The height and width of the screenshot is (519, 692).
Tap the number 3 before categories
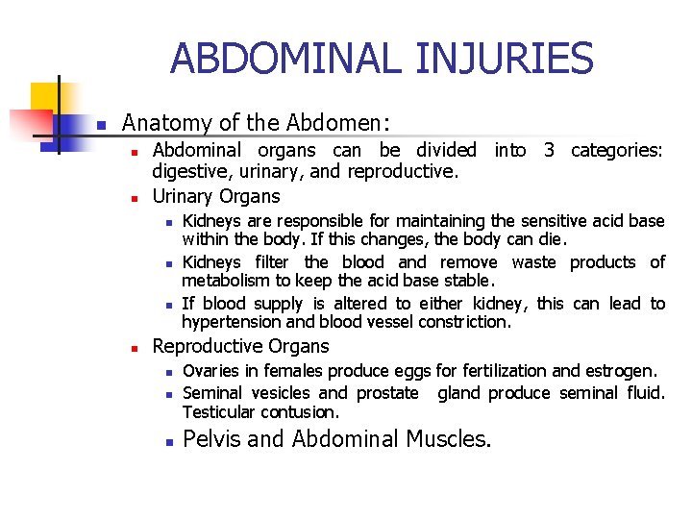point(549,150)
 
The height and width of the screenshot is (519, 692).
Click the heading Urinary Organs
point(216,196)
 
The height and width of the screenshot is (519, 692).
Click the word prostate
point(387,393)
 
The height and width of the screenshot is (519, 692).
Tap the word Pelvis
point(209,439)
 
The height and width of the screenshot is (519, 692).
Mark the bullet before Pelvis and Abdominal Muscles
point(166,441)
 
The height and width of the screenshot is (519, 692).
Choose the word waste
point(533,262)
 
